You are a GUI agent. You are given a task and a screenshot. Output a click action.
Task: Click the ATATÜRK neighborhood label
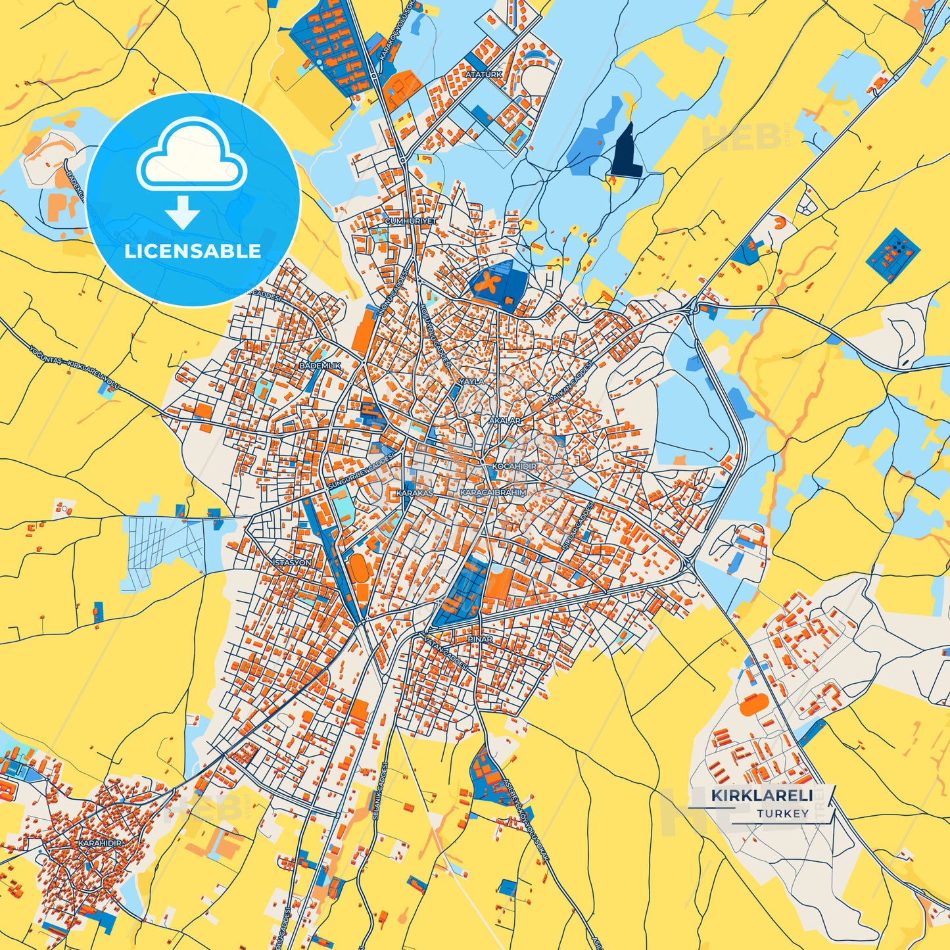coord(483,75)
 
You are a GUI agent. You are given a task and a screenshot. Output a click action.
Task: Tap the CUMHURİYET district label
coord(411,222)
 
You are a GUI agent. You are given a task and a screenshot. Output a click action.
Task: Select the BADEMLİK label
coord(320,366)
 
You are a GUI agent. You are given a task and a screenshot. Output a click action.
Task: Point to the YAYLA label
coord(471,381)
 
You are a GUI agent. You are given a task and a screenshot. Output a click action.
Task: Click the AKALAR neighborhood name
coord(505,421)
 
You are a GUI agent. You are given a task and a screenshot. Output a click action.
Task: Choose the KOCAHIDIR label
coord(514,466)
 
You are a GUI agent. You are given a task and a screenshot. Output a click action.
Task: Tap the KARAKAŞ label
coord(415,492)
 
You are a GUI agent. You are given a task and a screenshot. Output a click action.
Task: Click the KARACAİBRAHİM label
coord(492,492)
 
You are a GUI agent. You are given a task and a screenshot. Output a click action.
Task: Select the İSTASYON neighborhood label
coord(291,563)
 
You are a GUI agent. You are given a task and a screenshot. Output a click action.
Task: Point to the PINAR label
coord(479,639)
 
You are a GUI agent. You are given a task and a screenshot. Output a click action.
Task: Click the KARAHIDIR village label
coord(100,843)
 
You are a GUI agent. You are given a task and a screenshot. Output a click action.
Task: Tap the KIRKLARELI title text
coord(761,796)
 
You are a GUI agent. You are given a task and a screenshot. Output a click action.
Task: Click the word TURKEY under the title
coord(782,814)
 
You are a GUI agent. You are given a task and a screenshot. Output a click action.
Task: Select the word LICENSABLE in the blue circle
coord(193,251)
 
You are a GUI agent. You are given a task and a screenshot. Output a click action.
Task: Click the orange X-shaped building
coord(490,284)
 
